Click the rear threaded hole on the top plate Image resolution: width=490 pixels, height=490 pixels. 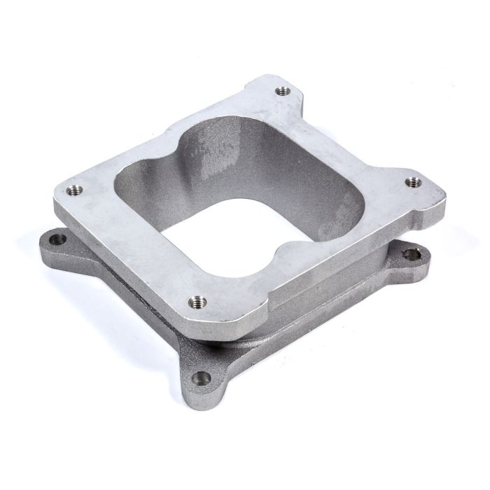pos(282,90)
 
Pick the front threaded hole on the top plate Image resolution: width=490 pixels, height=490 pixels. pos(194,302)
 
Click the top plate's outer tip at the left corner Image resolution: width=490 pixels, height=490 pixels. pos(56,199)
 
